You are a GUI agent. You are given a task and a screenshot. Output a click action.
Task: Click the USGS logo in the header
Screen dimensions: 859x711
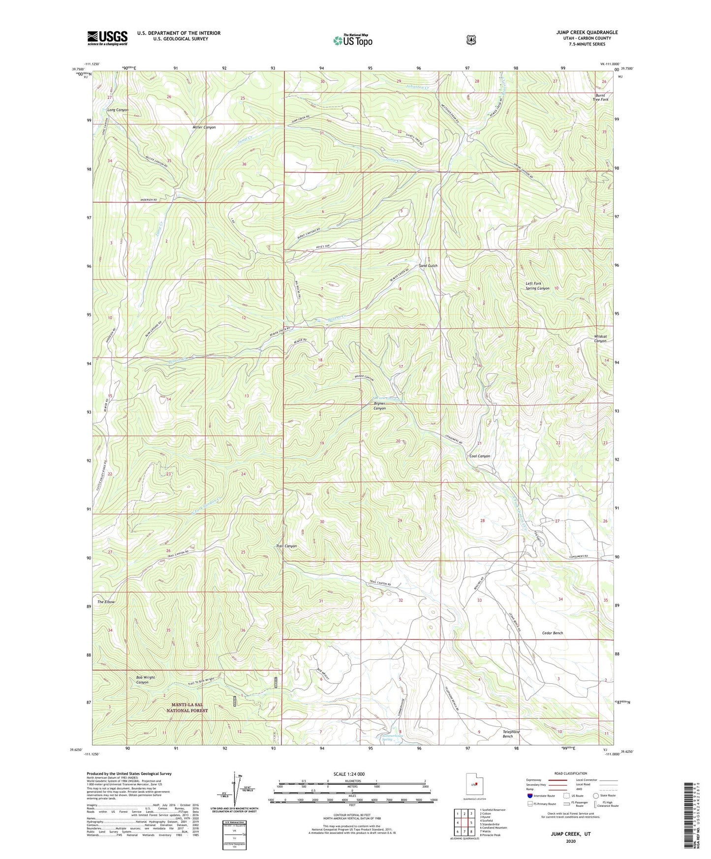[107, 38]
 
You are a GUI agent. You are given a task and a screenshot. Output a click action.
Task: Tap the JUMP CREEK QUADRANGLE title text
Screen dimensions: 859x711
[587, 32]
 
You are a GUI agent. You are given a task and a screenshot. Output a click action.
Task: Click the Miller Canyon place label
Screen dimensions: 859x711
[204, 127]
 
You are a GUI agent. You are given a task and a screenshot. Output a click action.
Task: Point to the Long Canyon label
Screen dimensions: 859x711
[118, 110]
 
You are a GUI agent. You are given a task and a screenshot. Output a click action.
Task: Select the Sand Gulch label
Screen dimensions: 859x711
[428, 266]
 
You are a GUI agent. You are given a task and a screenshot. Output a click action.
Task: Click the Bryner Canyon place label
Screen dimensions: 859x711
[379, 406]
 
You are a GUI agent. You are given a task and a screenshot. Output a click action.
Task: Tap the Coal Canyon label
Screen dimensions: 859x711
[479, 456]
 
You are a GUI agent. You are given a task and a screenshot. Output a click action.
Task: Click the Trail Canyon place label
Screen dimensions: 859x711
[286, 546]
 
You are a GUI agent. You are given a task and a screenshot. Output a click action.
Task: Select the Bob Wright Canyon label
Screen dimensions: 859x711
[146, 679]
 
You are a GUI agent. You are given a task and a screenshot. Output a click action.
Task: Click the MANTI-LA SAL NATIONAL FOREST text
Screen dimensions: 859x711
[187, 707]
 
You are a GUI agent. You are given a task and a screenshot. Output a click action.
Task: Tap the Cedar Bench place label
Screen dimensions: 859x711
[552, 633]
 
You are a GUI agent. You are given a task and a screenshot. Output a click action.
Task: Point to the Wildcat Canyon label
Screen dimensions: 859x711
[600, 338]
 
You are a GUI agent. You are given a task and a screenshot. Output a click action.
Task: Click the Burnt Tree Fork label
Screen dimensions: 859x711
[601, 97]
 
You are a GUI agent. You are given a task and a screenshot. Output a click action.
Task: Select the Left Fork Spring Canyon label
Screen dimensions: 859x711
[537, 286]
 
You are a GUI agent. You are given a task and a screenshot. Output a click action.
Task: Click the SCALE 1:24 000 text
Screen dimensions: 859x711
[349, 774]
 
